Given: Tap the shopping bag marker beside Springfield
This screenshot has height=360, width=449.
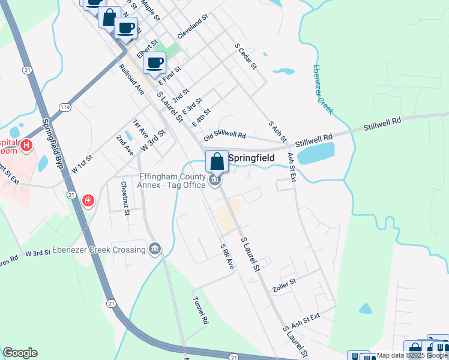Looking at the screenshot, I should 217,161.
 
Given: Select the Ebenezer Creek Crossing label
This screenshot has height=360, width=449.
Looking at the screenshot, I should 98,250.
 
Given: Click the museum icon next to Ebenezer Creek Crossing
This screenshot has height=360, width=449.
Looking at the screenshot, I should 155,249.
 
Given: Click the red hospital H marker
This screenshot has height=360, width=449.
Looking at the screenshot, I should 26,145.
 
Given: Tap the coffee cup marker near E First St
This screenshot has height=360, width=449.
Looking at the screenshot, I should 155,62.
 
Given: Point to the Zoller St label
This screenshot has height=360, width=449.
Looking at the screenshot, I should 284,281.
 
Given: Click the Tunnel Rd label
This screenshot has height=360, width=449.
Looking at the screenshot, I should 200,310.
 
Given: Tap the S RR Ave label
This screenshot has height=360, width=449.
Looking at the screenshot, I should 227,256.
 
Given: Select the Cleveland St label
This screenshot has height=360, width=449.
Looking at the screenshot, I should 192,28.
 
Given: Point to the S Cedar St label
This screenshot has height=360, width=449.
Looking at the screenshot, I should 246,55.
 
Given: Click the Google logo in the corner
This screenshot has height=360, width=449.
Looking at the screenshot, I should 20,353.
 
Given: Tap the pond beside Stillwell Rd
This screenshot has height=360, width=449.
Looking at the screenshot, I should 315,154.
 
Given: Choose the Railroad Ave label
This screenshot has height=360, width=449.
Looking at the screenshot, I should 132,79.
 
